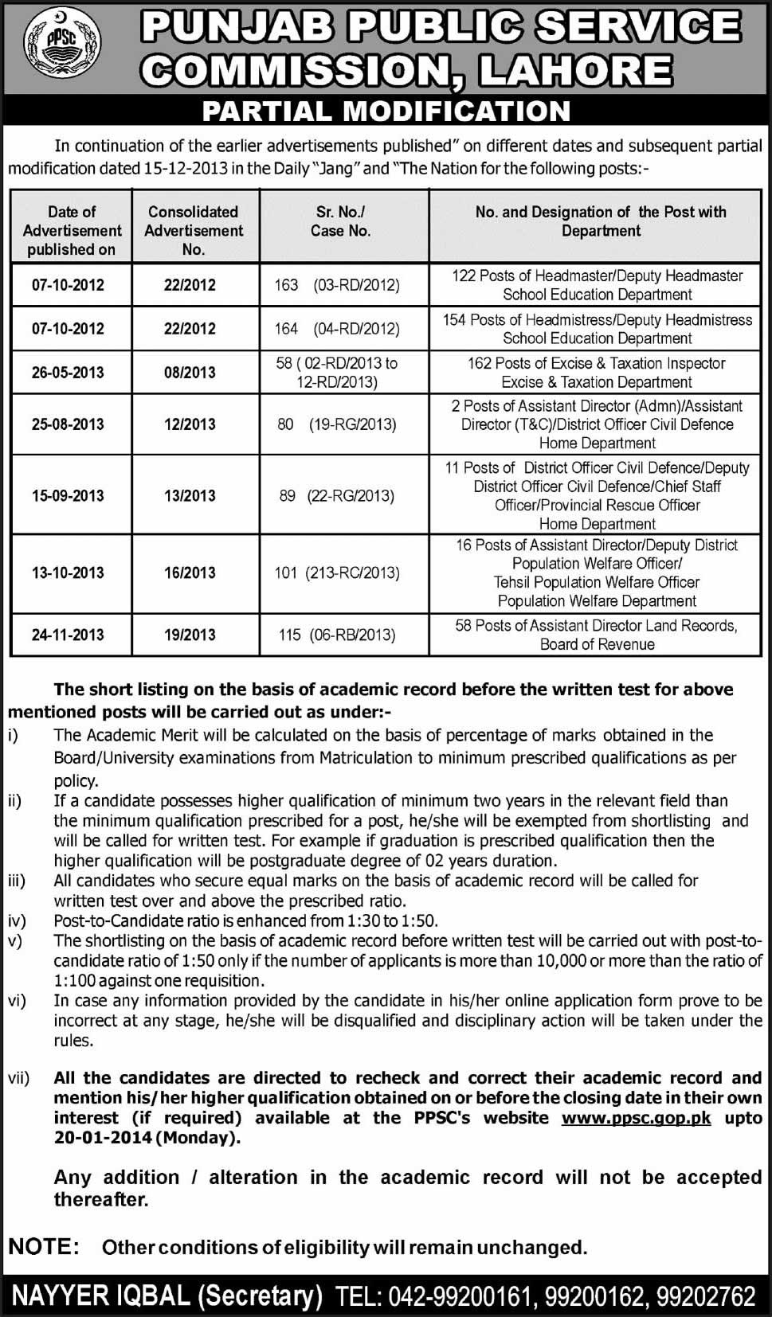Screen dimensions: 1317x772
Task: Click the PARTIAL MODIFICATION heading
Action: click(x=386, y=111)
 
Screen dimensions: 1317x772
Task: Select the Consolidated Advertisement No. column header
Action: click(x=194, y=230)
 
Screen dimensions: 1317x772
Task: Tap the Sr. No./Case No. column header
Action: click(x=340, y=221)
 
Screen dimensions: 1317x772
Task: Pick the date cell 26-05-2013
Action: click(x=68, y=373)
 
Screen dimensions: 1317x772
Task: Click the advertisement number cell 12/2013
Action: click(x=190, y=424)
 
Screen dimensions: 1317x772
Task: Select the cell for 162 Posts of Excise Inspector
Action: click(x=597, y=372)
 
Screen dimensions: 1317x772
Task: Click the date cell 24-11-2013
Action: click(x=68, y=635)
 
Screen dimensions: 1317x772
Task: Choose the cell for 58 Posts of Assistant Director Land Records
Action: click(x=597, y=635)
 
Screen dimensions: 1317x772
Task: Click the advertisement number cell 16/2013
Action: click(x=190, y=573)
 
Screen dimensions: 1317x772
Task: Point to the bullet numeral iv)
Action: click(x=17, y=921)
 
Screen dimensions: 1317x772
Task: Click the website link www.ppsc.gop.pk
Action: click(x=636, y=1118)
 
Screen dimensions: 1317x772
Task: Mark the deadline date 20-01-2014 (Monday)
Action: click(x=147, y=1138)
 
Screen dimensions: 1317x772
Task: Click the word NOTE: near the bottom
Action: click(x=44, y=1247)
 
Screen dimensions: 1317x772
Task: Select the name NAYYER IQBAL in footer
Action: click(x=100, y=1296)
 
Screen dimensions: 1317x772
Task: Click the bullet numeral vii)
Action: click(x=18, y=1078)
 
